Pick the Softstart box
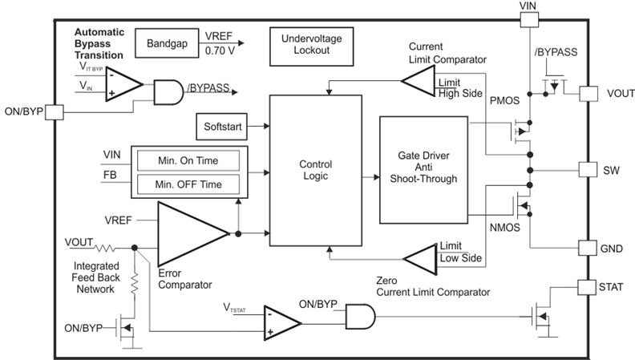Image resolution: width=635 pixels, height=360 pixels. [x=222, y=125]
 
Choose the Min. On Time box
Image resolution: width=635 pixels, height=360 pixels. [x=188, y=160]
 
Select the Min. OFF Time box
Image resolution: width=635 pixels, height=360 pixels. [x=188, y=184]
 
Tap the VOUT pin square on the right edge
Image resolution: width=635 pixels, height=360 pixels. [x=588, y=92]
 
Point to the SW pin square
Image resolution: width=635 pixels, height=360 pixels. [x=588, y=170]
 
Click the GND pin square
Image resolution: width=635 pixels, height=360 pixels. [x=588, y=249]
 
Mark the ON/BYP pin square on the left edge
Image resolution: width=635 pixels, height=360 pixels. [x=54, y=111]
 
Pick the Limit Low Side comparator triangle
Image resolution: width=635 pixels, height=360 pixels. [x=418, y=258]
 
